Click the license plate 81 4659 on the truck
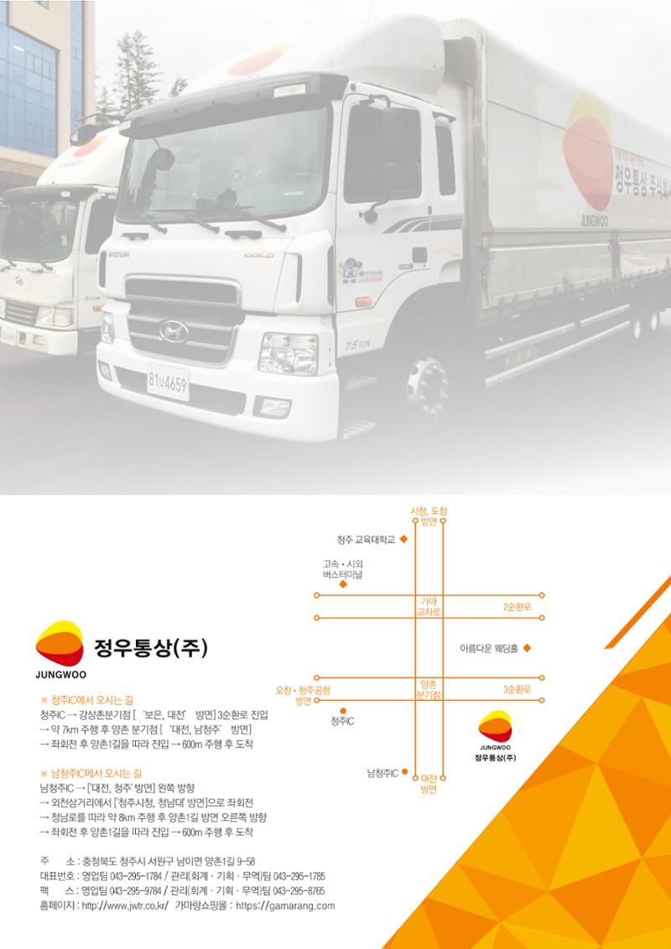tap(169, 382)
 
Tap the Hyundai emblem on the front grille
tap(173, 331)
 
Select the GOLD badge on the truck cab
tap(259, 256)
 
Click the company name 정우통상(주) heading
tap(151, 648)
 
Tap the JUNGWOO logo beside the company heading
tap(60, 650)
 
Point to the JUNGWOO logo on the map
tap(495, 734)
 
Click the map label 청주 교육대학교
tap(366, 539)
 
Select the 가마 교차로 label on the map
tap(429, 606)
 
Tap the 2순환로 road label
tap(518, 607)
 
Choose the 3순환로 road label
tap(518, 689)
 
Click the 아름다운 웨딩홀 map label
tap(489, 648)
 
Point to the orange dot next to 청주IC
tap(343, 711)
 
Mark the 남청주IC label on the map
tap(382, 772)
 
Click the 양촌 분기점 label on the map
tap(429, 690)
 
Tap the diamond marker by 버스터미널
tap(343, 584)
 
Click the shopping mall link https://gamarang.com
tap(285, 906)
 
